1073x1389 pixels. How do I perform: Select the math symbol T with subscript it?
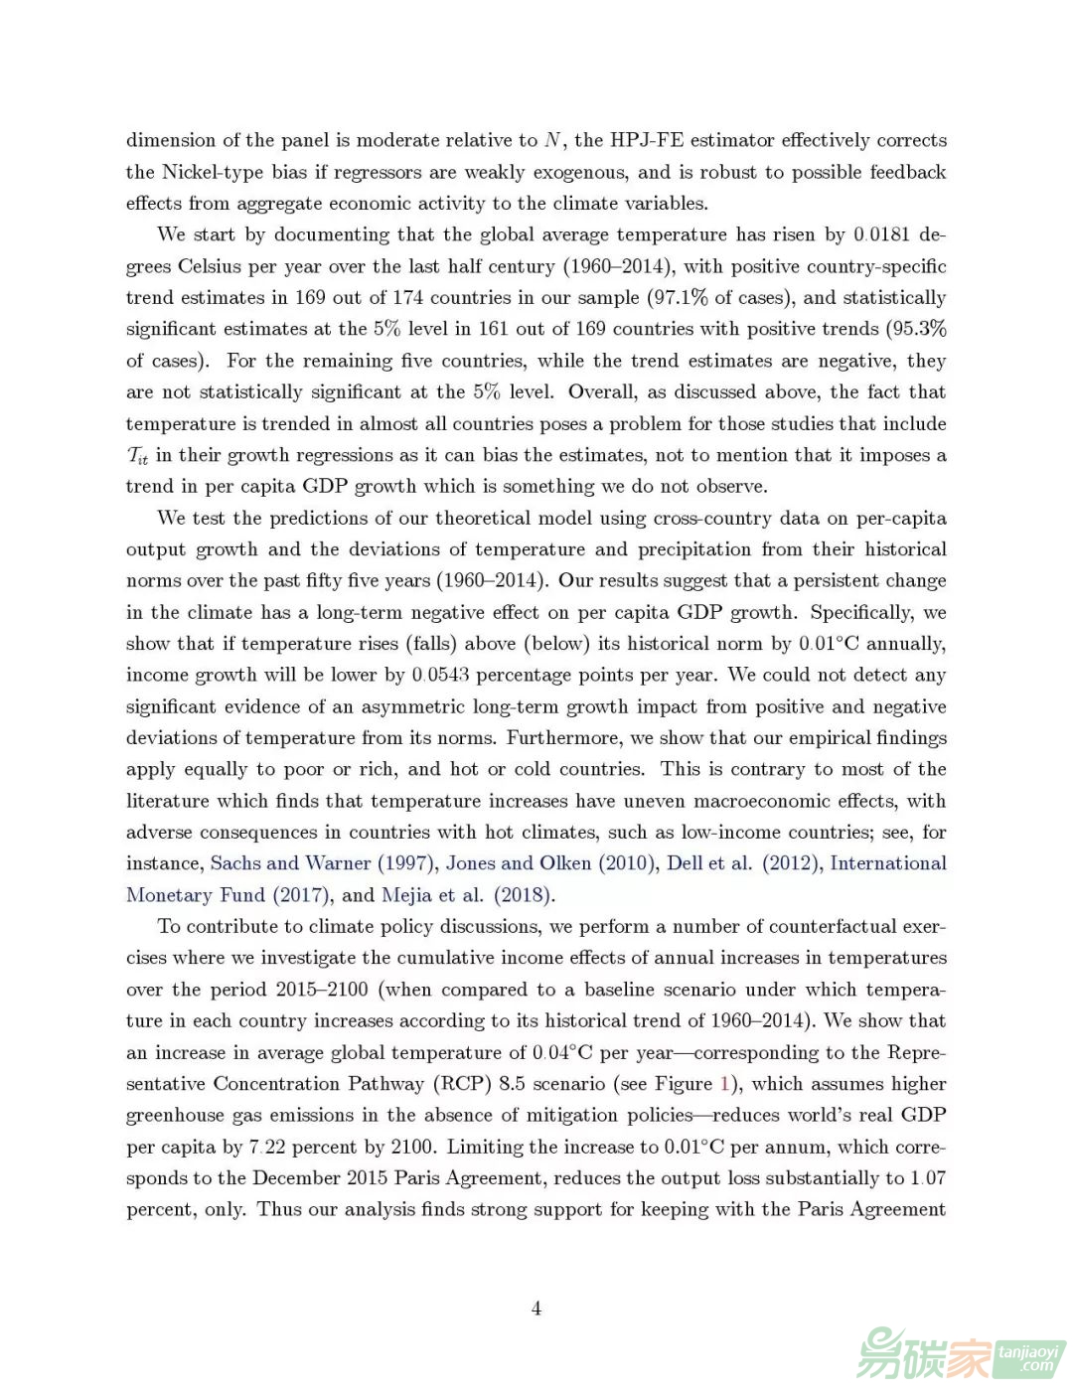point(137,456)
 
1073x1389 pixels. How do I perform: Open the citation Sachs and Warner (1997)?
point(322,863)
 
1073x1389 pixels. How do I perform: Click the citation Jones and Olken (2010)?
point(550,863)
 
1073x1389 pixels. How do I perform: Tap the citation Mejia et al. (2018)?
point(466,895)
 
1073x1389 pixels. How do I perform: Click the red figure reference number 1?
point(724,1084)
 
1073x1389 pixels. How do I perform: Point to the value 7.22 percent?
point(266,1147)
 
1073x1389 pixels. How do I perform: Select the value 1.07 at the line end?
point(928,1178)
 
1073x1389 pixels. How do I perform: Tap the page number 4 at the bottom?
point(536,1309)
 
